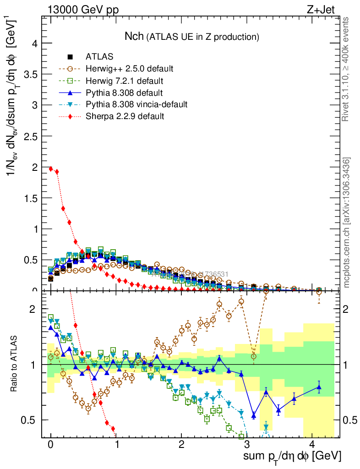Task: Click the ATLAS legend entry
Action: coord(99,57)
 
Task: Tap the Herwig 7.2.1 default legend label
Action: coord(124,81)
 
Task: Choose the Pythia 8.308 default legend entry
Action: coord(124,93)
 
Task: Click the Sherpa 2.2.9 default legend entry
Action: coord(125,116)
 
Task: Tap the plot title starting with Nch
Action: coord(192,36)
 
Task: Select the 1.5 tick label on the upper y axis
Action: coord(30,198)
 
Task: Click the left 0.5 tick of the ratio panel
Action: coord(30,420)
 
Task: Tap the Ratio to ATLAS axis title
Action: coord(14,365)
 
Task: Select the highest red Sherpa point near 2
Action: coord(51,169)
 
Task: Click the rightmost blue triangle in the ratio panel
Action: coord(319,387)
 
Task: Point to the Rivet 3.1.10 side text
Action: coord(347,69)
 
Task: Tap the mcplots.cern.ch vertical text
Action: coord(347,223)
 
